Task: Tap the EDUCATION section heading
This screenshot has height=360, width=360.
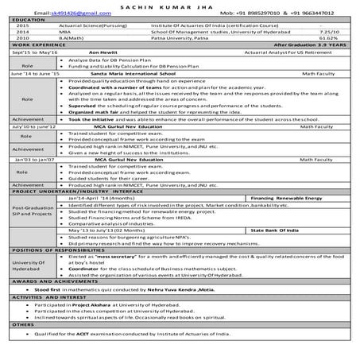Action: [28, 19]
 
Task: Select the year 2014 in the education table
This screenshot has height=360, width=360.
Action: [22, 31]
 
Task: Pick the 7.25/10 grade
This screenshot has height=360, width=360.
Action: [326, 31]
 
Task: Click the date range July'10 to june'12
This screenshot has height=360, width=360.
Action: [33, 126]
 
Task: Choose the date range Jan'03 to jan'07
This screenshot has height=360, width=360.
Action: [31, 159]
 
